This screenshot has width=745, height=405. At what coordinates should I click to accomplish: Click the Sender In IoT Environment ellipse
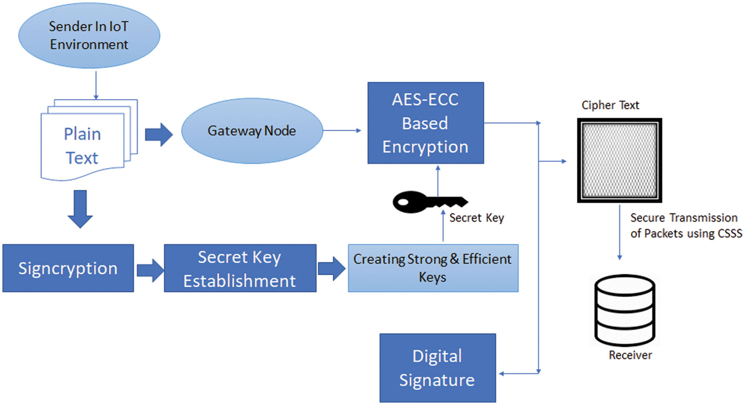click(89, 35)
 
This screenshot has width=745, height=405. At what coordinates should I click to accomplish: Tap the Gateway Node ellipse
click(252, 131)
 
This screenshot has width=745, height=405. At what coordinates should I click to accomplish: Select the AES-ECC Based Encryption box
click(425, 123)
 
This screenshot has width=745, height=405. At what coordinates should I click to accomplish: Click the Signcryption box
click(68, 268)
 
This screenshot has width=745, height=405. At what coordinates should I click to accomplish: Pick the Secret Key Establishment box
click(240, 268)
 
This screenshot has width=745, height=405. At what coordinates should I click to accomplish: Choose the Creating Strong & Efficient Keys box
click(433, 268)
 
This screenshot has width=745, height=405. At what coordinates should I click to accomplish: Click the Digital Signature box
click(437, 368)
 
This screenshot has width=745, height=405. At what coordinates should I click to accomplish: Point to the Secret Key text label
click(476, 218)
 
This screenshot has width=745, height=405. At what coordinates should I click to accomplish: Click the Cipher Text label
click(610, 105)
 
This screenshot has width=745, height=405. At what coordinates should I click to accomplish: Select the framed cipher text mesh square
click(619, 160)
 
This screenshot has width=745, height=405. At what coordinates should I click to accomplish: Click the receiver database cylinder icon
click(625, 311)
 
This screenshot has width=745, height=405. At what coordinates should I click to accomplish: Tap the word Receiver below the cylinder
click(630, 355)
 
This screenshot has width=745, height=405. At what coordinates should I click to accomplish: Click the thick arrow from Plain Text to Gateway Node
click(159, 135)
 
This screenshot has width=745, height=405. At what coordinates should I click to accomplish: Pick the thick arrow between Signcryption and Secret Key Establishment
click(150, 269)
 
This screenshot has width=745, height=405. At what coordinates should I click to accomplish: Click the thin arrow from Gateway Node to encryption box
click(342, 131)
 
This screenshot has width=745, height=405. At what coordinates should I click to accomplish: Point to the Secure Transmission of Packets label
click(685, 225)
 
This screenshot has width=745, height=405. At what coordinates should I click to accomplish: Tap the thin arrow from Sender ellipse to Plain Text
click(96, 85)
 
